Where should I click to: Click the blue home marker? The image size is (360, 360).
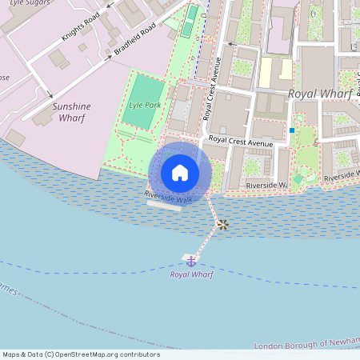coord(180,172)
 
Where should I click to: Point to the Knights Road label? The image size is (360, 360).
coord(81,27)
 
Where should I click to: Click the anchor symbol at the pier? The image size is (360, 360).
coord(191,261)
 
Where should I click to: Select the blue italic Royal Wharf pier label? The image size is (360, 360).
coord(191,274)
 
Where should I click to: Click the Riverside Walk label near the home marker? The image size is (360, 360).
coord(168,195)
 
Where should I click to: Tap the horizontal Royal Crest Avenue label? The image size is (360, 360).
coord(240,142)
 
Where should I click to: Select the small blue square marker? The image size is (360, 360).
coord(292,130)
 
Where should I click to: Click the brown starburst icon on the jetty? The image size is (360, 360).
coord(223,225)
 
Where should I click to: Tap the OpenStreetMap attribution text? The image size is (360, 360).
coord(80,354)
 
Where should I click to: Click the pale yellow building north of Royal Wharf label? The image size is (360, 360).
coord(266,73)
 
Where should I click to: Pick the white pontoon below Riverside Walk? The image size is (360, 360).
coord(165,206)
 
